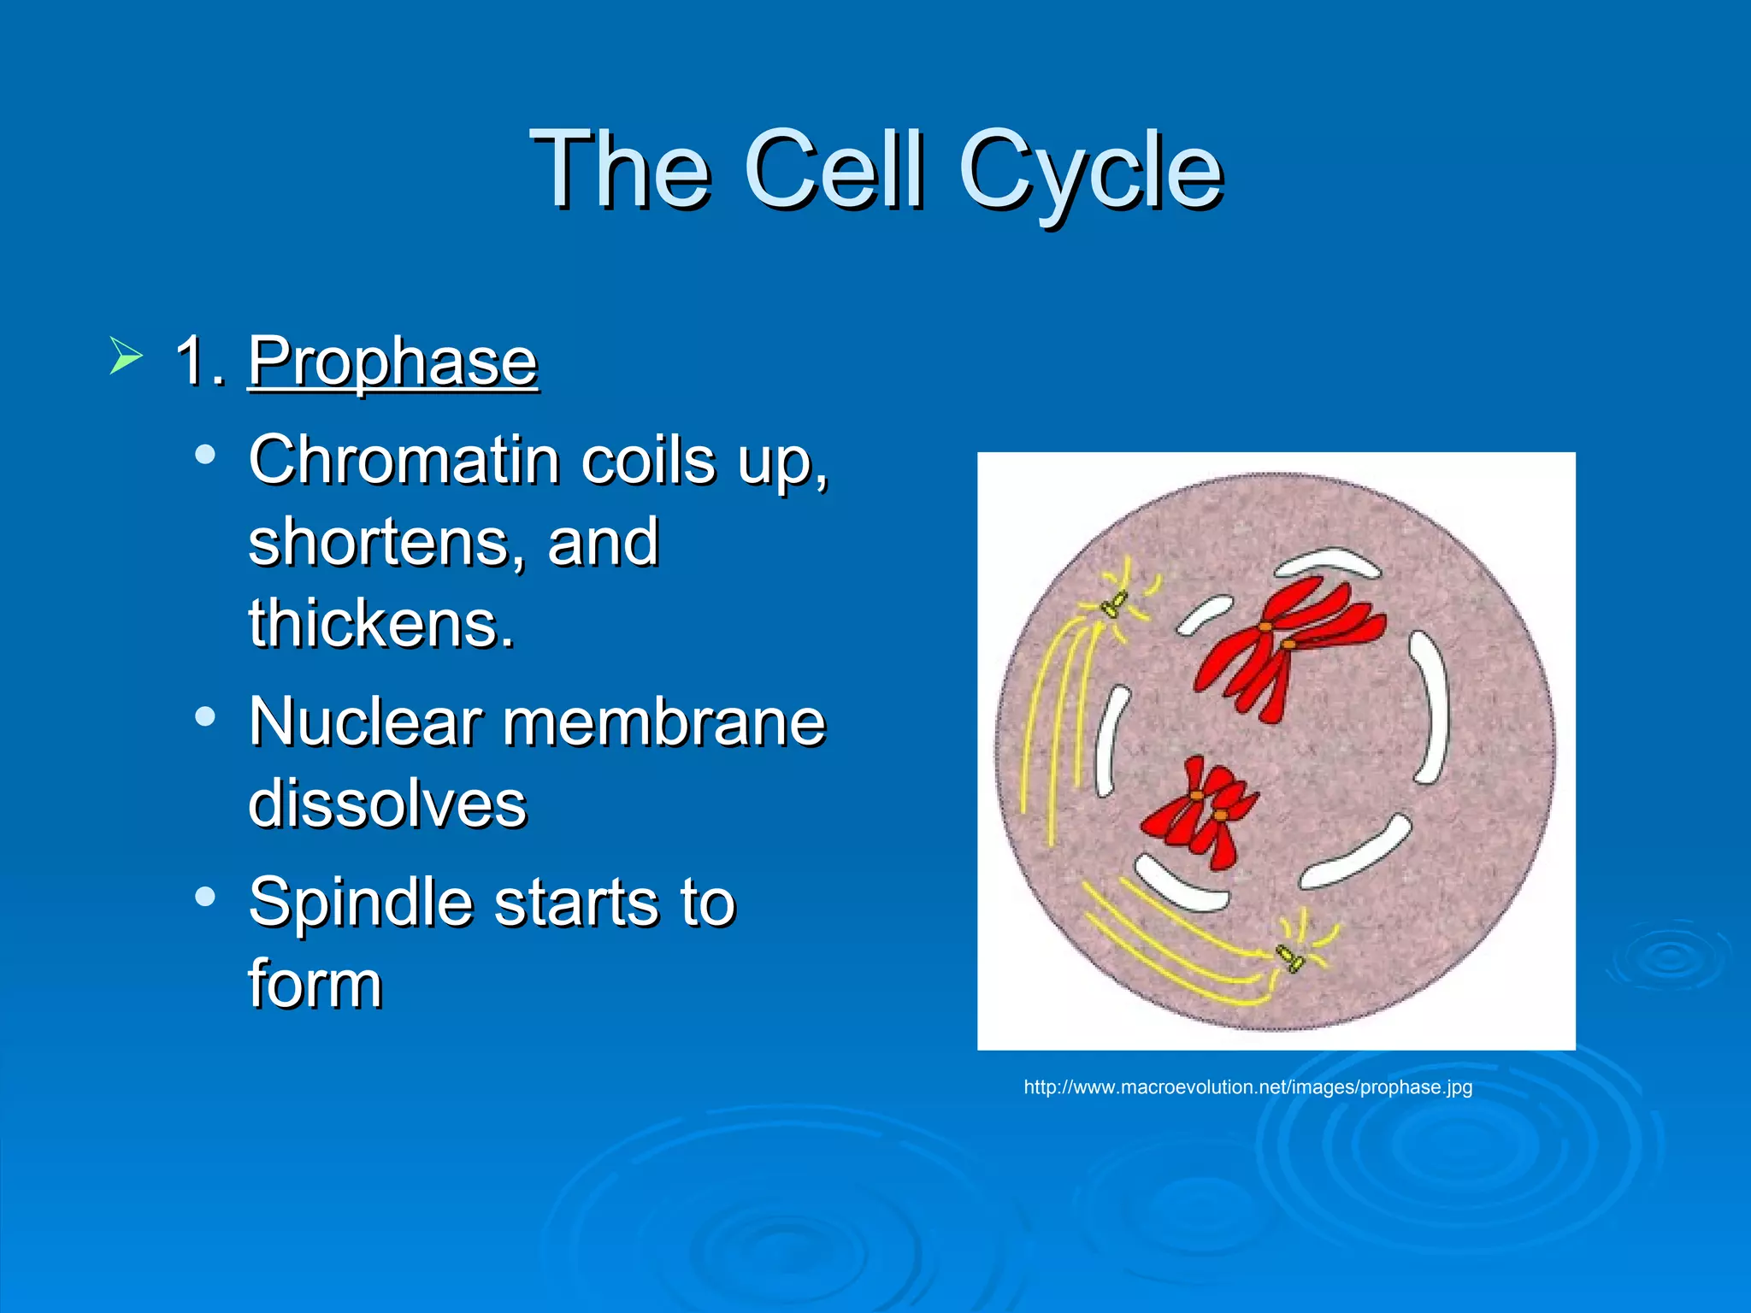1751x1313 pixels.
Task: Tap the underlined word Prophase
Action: (392, 362)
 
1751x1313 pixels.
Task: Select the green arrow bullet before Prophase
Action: (125, 356)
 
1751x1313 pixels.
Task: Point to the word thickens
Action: (381, 624)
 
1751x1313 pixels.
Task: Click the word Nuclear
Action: (365, 722)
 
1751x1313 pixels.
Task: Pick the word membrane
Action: (663, 722)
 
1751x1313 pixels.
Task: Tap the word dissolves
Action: (387, 804)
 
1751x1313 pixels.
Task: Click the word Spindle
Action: (361, 903)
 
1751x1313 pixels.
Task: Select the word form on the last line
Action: (315, 985)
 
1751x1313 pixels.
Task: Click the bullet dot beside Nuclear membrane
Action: (204, 716)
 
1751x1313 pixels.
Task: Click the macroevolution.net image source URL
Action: (1247, 1087)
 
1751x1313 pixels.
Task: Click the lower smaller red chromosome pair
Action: (1201, 810)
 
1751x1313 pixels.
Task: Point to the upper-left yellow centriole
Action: (1113, 604)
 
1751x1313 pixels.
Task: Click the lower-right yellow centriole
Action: (1289, 957)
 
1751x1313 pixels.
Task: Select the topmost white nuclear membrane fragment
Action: (1327, 564)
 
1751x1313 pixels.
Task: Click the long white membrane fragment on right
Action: (1431, 708)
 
